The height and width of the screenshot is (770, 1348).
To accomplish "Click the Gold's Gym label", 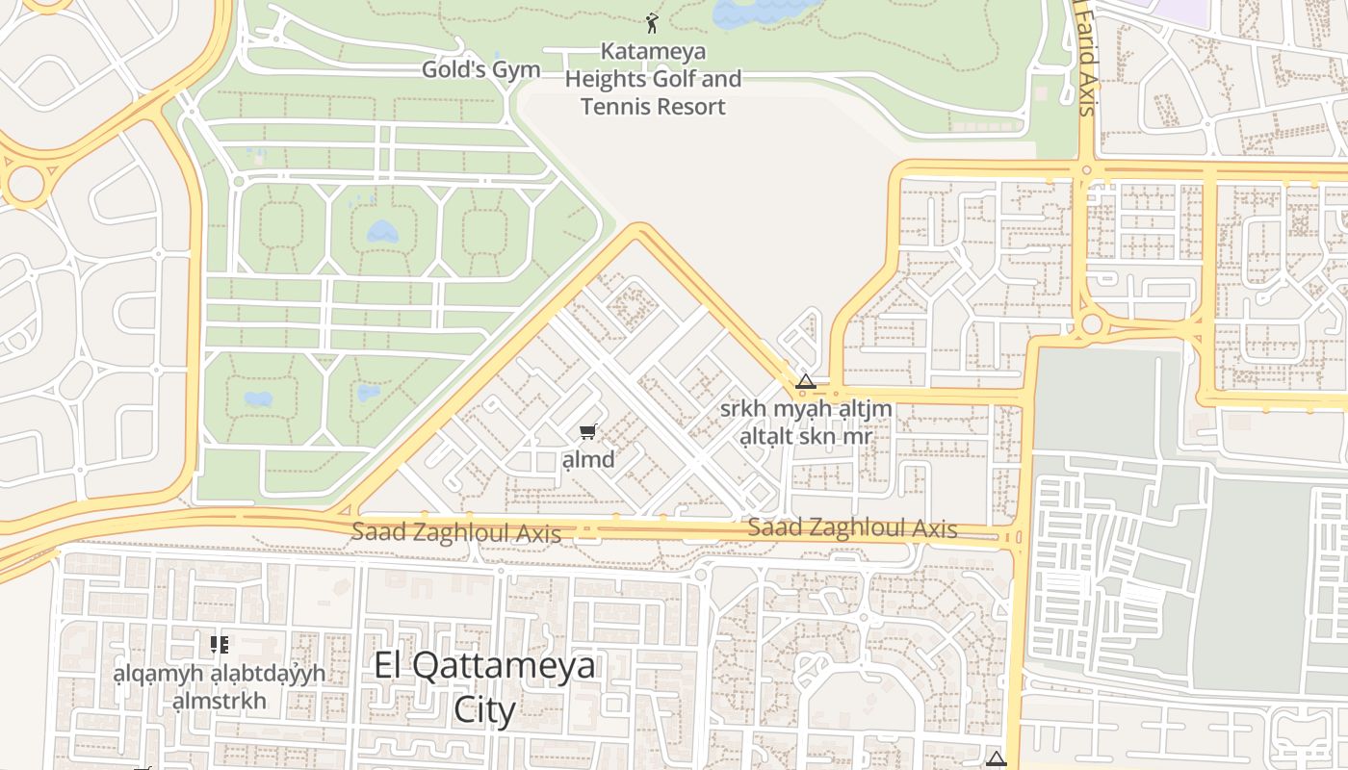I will coord(480,70).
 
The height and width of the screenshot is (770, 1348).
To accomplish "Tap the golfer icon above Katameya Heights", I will coord(652,23).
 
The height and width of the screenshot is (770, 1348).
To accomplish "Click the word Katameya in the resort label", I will coord(653,51).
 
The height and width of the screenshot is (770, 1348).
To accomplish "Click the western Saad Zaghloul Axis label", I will coord(455,532).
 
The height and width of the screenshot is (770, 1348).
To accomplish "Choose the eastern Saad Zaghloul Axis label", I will coord(852,528).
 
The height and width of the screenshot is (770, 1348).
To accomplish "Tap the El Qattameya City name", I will coord(484,665).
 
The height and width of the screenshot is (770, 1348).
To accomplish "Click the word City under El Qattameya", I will coord(484,710).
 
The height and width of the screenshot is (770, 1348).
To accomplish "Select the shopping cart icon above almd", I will coord(587,431).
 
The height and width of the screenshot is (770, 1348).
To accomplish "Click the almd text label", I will coord(587,459).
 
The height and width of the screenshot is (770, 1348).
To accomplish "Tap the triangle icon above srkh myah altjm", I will coord(806,382).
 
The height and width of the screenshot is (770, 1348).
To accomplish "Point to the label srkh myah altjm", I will coord(806,409).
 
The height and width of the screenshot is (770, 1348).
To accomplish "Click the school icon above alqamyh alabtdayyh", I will coord(220,644).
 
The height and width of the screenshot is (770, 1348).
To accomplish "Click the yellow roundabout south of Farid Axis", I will coord(1091,324).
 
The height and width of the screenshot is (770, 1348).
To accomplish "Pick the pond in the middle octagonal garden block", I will coord(382,232).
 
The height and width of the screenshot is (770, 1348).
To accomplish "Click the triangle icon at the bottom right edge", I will coord(996,758).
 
